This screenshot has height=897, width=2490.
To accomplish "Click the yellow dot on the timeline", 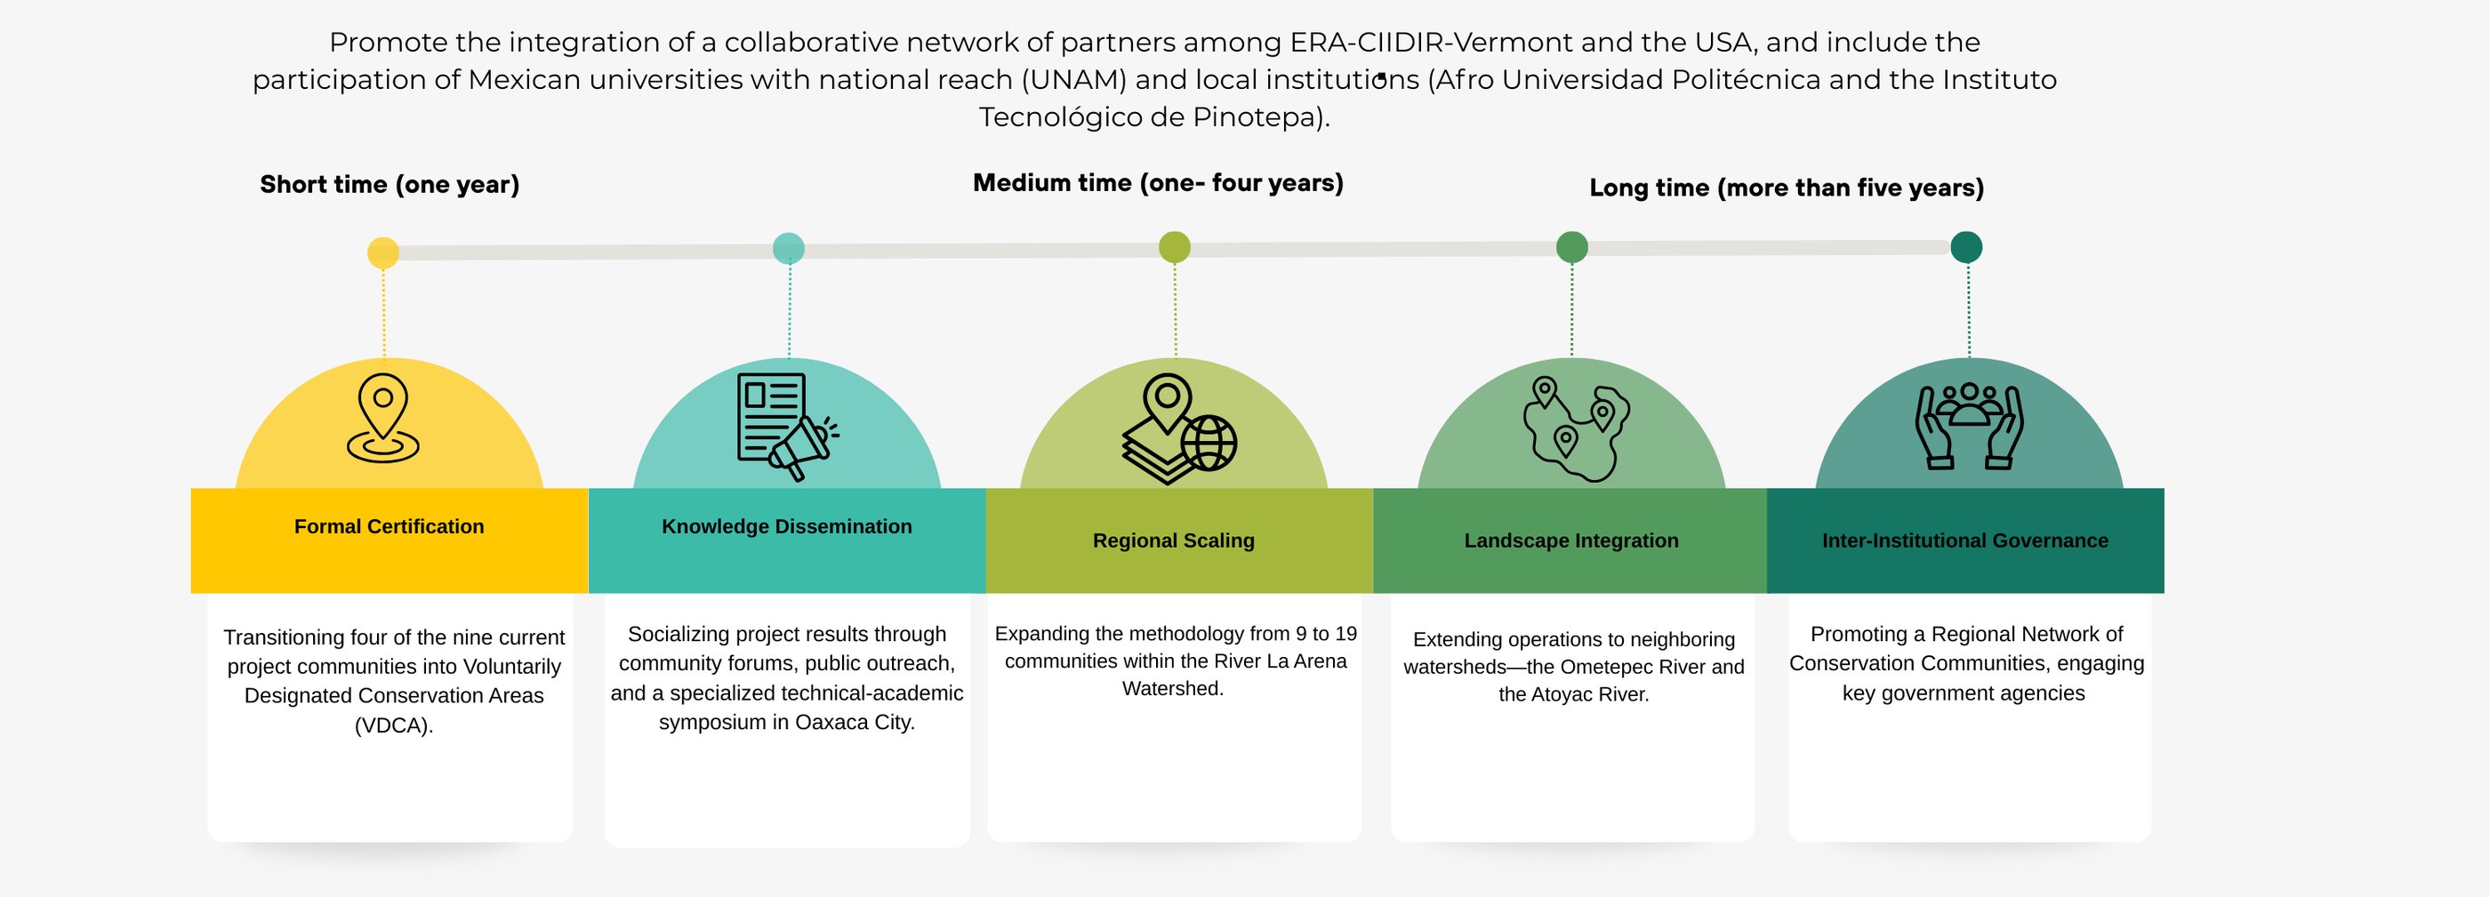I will point(382,252).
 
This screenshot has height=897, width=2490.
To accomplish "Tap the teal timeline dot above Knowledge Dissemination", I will point(789,248).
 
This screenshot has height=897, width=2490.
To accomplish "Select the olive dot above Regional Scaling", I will point(1175,247).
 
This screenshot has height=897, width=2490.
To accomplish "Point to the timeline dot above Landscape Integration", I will point(1571,247).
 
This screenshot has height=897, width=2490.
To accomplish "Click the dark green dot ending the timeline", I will point(1966,247).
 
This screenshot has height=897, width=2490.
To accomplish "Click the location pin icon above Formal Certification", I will point(382,418).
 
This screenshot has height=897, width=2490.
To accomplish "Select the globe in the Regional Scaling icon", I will point(1209,443).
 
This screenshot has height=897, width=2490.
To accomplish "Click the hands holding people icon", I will point(1969,426).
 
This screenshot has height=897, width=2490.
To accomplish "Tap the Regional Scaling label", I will point(1174,541).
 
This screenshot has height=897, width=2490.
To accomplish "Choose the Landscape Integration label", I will point(1570,541).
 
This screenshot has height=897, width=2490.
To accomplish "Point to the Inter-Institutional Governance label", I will point(1965,541).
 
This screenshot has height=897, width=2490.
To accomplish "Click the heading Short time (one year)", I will point(390,185).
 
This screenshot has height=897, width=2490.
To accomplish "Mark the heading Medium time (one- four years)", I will point(1158,182).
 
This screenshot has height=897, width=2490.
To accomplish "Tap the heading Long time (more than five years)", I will point(1787,188).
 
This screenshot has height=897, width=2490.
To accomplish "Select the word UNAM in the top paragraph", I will point(1074,80).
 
